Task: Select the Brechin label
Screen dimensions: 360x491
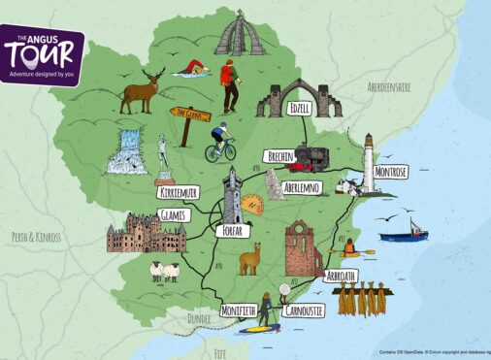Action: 281,156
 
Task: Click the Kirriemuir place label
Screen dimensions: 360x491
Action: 183,193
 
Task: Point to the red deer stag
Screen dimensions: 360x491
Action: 142,89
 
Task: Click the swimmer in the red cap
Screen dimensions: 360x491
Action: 191,71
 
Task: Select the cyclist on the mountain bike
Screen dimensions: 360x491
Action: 220,142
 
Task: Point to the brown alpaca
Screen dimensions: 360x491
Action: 251,259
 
